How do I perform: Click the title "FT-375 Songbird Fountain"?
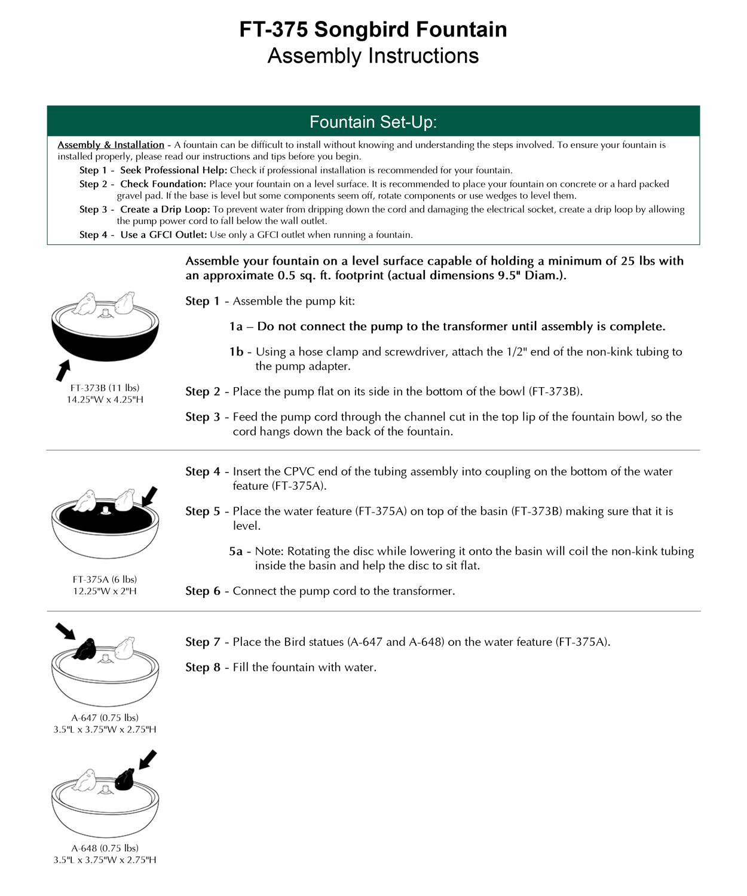click(373, 29)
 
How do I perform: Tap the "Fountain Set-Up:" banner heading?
click(373, 122)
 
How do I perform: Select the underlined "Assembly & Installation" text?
click(111, 145)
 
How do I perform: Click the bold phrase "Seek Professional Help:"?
click(173, 170)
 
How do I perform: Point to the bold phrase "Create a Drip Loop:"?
click(165, 210)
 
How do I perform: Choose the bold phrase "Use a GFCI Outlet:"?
click(163, 235)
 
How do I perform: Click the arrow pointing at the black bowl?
click(63, 370)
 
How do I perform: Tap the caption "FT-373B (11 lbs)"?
click(105, 388)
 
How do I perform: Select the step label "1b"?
click(236, 352)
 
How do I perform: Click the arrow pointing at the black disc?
click(149, 496)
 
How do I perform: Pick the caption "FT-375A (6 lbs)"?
click(105, 579)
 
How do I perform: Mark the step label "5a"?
click(235, 551)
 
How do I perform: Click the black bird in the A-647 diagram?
click(84, 649)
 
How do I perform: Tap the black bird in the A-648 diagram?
click(124, 780)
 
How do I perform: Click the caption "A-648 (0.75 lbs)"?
click(105, 848)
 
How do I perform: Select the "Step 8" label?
click(203, 667)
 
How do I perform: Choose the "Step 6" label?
click(203, 591)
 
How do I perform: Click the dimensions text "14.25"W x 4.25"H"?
click(105, 400)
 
